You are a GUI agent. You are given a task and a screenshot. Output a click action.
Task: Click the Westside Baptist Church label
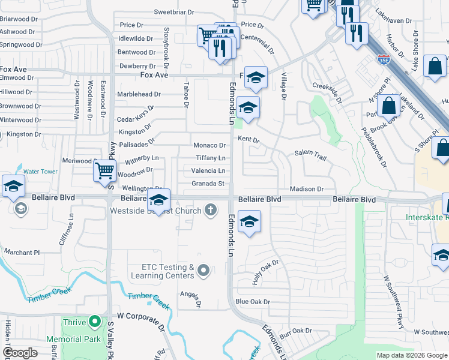155,211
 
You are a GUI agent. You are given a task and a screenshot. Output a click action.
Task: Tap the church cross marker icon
210,210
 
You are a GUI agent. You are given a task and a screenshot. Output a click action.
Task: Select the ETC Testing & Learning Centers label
167,271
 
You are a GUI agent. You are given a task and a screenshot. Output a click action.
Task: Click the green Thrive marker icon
94,322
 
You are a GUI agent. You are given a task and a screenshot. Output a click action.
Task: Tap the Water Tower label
40,172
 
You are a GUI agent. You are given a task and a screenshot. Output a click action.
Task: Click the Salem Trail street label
310,156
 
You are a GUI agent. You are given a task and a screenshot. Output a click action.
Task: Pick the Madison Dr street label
307,189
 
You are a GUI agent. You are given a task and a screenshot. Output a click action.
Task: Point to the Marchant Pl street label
21,253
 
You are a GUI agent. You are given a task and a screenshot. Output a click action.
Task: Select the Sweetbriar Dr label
174,12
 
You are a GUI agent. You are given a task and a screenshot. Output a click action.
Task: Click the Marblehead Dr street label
139,94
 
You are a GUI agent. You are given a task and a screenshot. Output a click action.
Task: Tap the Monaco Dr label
209,145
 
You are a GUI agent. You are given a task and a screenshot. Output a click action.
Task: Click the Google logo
20,353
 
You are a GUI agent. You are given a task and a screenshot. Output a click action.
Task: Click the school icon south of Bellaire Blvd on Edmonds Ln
249,222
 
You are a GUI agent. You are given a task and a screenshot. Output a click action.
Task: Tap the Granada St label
208,184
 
